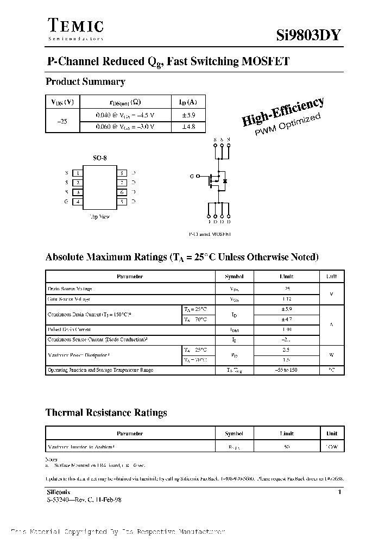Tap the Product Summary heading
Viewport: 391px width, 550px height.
(85, 82)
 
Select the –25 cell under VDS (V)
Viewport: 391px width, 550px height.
(62, 121)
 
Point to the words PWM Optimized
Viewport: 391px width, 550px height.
(288, 126)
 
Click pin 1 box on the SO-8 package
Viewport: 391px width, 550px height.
(79, 173)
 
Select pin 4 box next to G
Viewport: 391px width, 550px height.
(79, 202)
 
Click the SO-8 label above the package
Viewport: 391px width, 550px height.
(100, 158)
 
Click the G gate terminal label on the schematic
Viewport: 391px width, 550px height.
(192, 177)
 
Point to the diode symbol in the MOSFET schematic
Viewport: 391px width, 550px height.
(225, 180)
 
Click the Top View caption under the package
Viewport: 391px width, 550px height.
(100, 216)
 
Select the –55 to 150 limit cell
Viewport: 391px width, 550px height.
(287, 370)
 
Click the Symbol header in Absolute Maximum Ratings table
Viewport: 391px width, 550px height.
(234, 277)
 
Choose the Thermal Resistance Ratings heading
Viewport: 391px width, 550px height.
(106, 413)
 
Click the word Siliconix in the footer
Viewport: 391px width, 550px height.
(56, 491)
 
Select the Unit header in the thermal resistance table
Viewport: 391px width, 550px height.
(332, 434)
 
